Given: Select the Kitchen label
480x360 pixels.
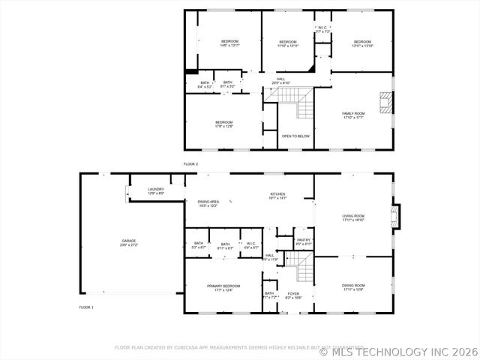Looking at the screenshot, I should (x=278, y=196).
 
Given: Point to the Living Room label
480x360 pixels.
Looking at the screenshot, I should (x=352, y=218).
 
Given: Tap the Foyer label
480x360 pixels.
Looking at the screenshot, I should (x=292, y=295).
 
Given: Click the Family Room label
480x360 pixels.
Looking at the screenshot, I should (x=352, y=115).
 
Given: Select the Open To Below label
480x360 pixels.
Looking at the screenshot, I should (x=295, y=136).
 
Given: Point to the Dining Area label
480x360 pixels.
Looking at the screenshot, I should (x=208, y=203).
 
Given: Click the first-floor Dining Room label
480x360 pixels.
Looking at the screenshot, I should (x=353, y=287).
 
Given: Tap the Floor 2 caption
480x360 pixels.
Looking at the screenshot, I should (x=190, y=163).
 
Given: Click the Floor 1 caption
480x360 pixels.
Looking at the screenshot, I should (x=86, y=307).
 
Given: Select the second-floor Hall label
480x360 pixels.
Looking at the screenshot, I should (x=280, y=80).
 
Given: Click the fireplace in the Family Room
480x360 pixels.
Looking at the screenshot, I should (x=386, y=103).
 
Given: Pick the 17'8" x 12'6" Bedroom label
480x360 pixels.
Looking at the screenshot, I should (x=224, y=124).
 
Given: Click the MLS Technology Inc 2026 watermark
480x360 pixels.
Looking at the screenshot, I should (x=397, y=351).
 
